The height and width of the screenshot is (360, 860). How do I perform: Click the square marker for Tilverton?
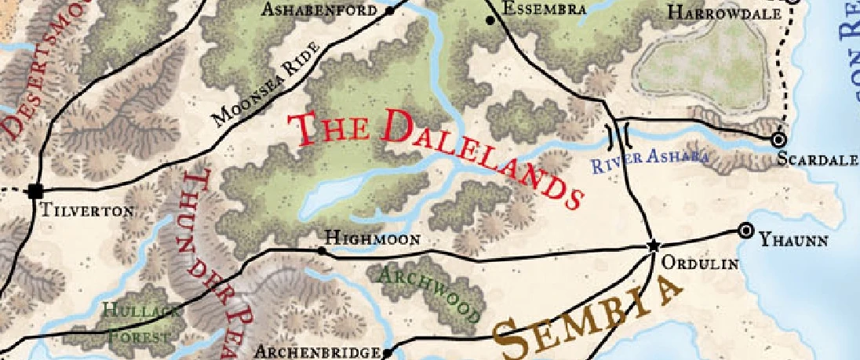pos(35,191)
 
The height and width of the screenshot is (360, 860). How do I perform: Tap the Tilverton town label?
pos(87,211)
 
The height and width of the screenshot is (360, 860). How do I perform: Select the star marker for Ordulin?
pos(653,246)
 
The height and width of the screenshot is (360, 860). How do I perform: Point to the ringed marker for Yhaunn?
pos(745,231)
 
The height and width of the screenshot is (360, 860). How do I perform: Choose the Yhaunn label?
pos(793,241)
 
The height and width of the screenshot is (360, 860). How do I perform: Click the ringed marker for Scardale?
pos(778,140)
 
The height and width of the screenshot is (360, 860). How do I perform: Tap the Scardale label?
pos(816,159)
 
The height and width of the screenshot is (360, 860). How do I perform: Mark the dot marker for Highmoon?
pos(321,251)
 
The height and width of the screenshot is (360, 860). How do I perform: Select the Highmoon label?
pos(373,238)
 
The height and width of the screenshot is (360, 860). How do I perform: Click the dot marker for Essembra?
pos(491,20)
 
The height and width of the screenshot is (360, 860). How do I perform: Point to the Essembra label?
pos(545,9)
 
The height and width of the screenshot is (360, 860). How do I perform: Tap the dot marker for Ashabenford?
pos(390,11)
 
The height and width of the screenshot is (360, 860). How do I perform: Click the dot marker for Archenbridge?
pos(387,353)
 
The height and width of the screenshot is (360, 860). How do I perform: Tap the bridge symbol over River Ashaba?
pos(619,136)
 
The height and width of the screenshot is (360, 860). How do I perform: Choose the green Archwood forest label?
pos(428,293)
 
